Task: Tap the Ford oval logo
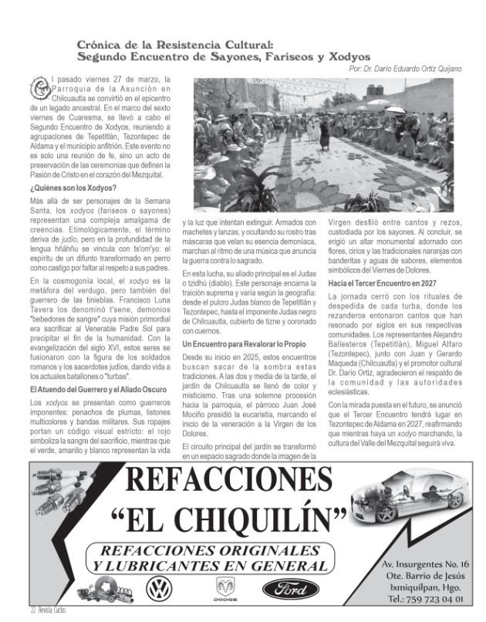tap(291, 590)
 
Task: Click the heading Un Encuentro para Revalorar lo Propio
tap(240, 343)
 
